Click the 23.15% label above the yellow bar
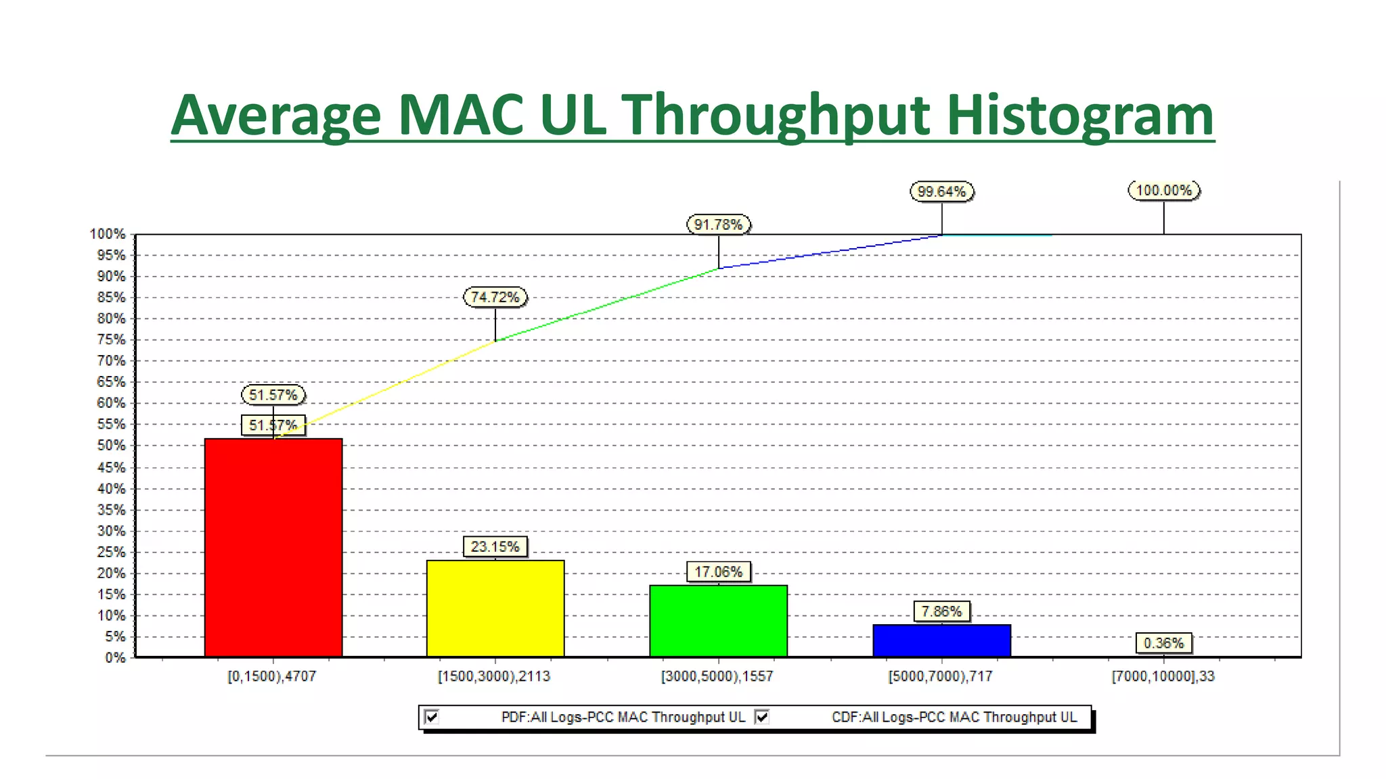pos(495,546)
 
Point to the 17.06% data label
pos(718,572)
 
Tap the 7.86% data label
pos(941,611)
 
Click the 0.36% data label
pos(1163,643)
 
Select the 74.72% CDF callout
pos(495,297)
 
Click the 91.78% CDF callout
pos(718,225)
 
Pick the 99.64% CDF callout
pos(941,191)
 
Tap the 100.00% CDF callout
pos(1163,190)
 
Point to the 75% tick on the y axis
pos(111,339)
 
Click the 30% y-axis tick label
pos(111,531)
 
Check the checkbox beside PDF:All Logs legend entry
pos(432,717)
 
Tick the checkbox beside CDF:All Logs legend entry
pos(762,717)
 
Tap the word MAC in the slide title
pos(460,115)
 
